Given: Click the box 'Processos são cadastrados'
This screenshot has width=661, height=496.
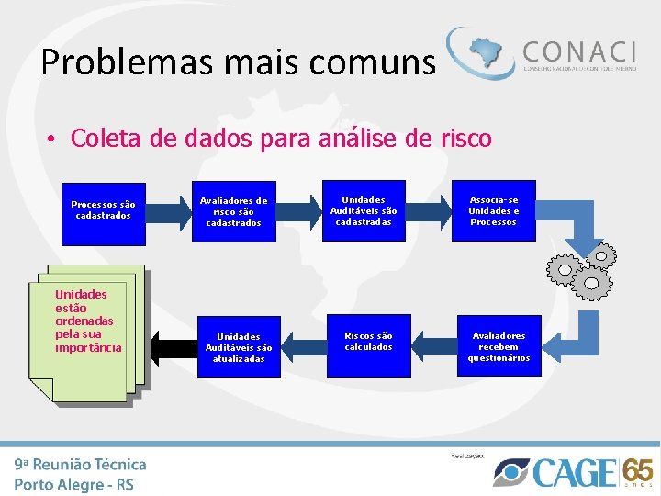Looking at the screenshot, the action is (103, 210).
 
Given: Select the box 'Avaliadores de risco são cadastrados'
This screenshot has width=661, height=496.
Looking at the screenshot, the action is (233, 211).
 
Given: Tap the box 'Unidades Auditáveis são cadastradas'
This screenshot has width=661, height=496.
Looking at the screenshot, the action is (364, 210).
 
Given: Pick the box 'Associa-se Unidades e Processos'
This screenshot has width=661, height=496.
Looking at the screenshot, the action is (493, 210).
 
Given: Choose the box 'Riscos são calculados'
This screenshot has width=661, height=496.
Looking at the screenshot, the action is (368, 342).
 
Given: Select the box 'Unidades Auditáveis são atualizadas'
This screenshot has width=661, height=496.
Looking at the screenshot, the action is (239, 347).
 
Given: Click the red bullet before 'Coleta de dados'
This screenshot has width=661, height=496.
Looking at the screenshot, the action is (54, 140).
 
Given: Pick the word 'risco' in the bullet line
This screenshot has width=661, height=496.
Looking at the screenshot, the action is (465, 139).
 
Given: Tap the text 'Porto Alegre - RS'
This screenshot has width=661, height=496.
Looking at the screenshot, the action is (74, 483).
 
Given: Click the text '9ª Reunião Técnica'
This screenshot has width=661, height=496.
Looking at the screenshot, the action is (81, 464).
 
